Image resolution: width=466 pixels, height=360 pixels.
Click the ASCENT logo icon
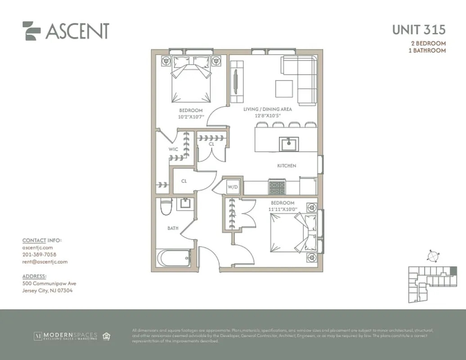tap(31, 31)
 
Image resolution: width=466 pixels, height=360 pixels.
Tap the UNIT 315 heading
tap(419, 30)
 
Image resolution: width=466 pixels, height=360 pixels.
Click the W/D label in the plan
tap(232, 186)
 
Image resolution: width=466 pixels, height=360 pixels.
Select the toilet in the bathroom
tap(166, 207)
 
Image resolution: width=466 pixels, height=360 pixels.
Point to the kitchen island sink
tap(287, 144)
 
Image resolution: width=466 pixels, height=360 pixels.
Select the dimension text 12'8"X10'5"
tap(268, 116)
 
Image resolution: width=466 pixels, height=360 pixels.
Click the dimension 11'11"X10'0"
tap(282, 209)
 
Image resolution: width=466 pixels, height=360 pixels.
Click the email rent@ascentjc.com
tap(45, 261)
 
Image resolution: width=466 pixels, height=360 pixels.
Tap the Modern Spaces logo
tap(66, 336)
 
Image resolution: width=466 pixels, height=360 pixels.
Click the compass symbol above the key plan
tap(433, 256)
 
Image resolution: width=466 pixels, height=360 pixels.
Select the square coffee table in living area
tap(284, 88)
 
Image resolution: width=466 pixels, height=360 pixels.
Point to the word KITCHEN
tap(287, 166)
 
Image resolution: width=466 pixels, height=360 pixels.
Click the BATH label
tap(173, 228)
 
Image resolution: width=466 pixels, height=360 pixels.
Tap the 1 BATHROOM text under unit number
tap(427, 50)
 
